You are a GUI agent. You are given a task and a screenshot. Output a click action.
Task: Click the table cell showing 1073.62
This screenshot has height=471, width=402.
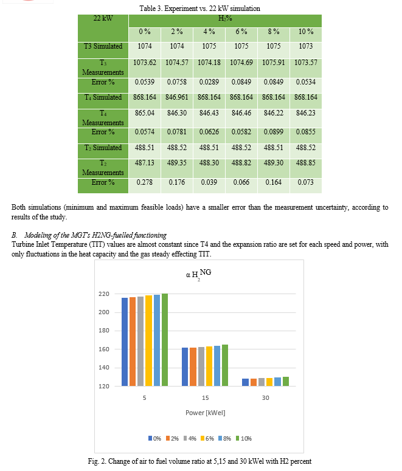click(x=145, y=63)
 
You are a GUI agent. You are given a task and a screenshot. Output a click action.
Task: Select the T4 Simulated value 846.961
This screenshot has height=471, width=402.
click(x=177, y=97)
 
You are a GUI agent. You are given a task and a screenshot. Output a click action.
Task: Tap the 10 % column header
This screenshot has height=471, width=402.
click(x=306, y=32)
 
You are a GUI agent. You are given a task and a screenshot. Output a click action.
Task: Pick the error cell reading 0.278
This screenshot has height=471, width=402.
click(x=145, y=182)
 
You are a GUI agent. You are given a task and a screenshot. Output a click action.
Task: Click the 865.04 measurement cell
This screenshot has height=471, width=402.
click(x=145, y=113)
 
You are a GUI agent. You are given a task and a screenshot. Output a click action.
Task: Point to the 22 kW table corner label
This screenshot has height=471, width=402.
click(x=103, y=18)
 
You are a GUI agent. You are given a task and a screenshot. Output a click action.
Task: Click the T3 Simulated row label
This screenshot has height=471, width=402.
click(x=103, y=46)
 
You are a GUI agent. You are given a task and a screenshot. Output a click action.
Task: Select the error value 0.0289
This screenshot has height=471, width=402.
click(x=209, y=82)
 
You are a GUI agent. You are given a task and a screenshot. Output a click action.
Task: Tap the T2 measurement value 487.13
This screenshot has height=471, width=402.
click(x=145, y=163)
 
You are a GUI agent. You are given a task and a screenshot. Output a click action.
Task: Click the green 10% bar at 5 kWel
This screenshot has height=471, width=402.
click(x=165, y=340)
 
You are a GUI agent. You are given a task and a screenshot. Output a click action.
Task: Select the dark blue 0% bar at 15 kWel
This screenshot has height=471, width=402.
click(x=185, y=366)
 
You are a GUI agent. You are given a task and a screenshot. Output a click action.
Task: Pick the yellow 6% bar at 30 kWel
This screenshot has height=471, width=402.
click(x=269, y=382)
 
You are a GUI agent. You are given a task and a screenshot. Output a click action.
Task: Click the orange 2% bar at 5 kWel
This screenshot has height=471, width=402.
click(x=133, y=342)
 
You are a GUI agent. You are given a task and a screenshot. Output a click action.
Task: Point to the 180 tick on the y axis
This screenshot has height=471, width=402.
click(x=104, y=331)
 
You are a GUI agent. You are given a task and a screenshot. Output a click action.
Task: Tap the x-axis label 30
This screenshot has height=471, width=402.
click(x=266, y=397)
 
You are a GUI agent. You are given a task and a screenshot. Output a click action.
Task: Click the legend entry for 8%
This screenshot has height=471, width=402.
click(x=224, y=439)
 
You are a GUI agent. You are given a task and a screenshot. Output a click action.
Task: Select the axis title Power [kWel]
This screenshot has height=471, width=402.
click(x=206, y=413)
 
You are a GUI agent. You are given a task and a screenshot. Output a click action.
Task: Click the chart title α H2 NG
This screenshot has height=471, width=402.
click(x=198, y=274)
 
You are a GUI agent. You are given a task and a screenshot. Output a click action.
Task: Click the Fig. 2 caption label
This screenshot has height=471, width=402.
click(x=97, y=461)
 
